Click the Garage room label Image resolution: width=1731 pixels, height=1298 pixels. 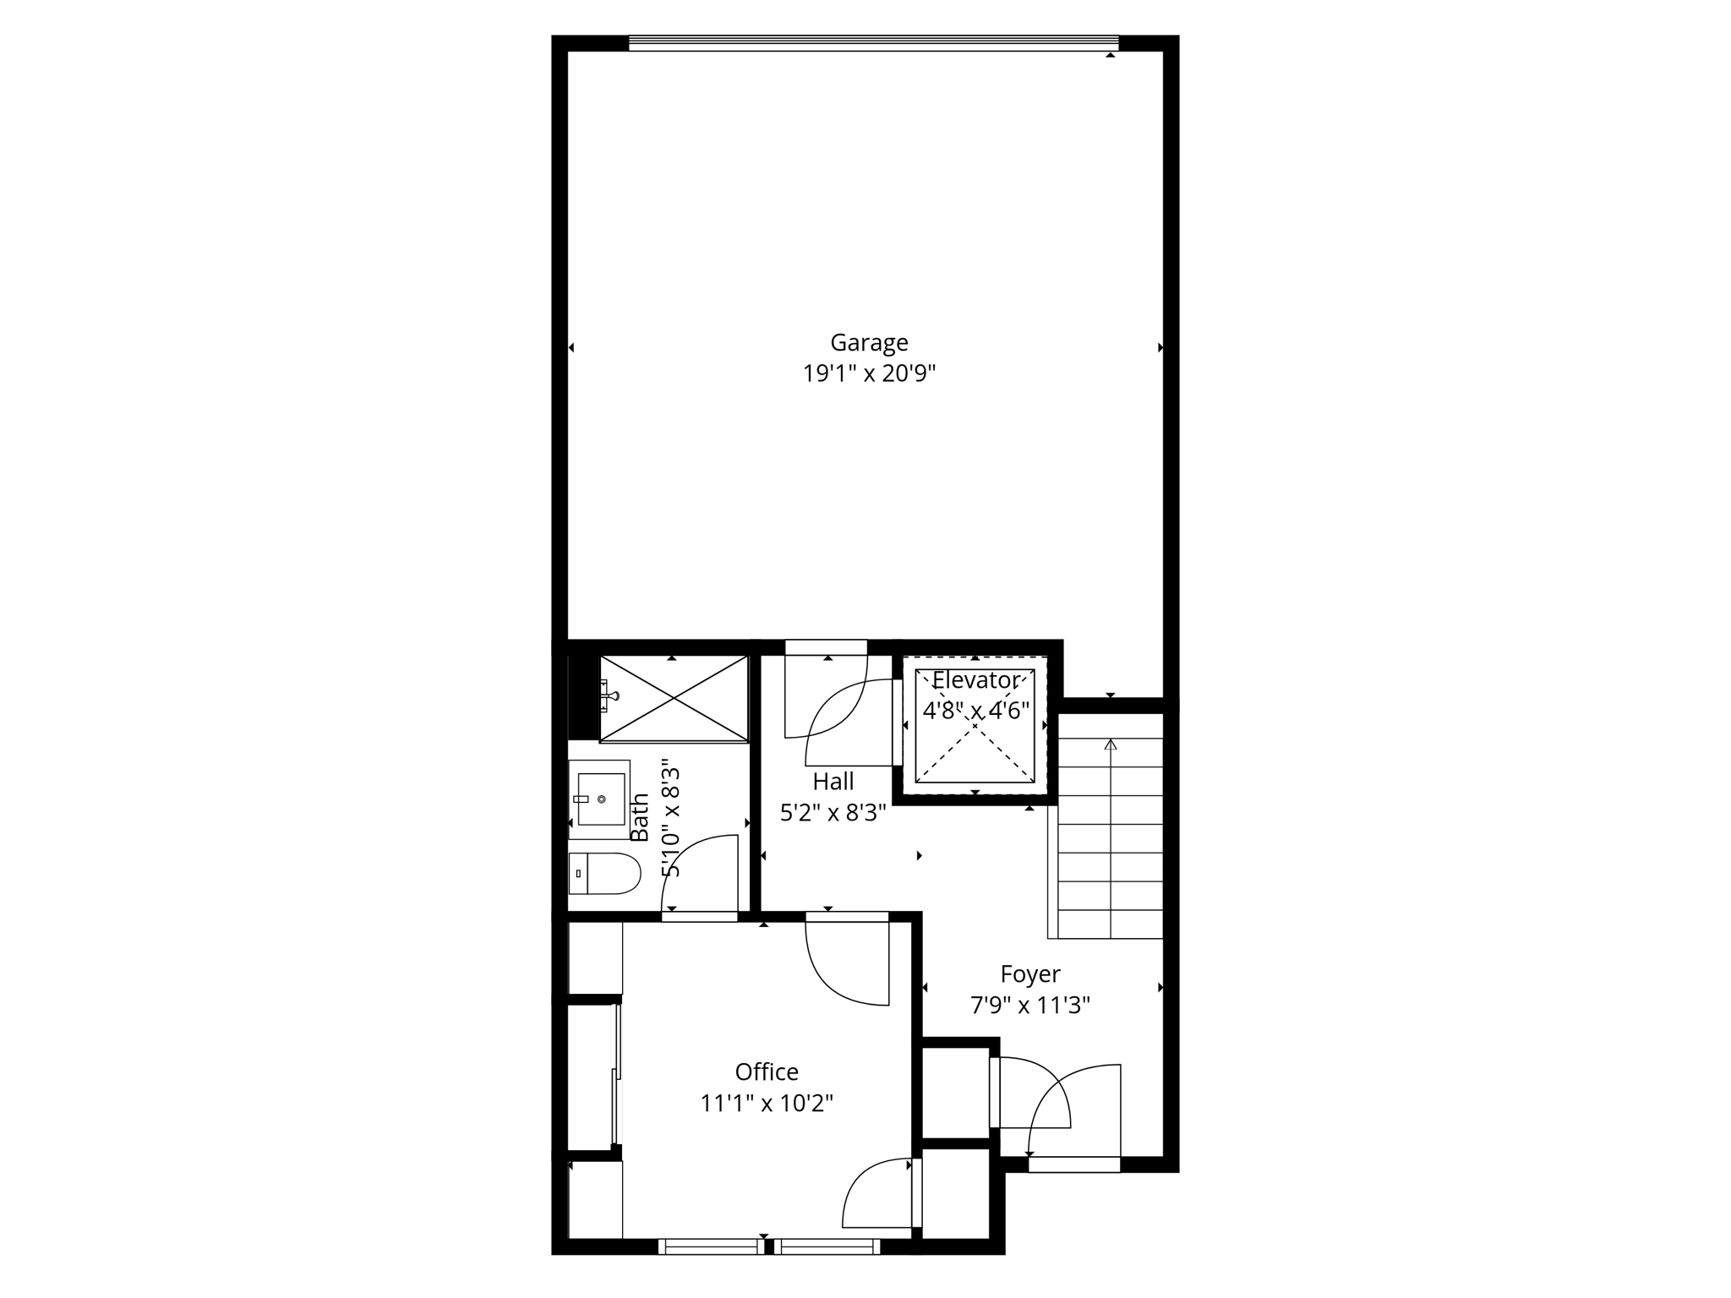(869, 342)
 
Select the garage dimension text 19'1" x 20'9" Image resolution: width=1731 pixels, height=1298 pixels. (869, 374)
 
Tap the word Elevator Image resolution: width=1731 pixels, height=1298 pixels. (975, 680)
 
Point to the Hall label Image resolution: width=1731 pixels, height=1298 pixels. (833, 781)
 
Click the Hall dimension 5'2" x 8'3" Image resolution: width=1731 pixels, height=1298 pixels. (833, 813)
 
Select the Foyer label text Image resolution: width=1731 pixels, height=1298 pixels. (1029, 974)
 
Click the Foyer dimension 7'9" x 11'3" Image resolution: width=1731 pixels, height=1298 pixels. (1029, 1006)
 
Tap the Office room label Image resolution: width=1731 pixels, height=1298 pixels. (767, 1072)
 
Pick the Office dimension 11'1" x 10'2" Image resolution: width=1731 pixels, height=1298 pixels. (767, 1104)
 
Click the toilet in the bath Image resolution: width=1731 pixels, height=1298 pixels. (603, 873)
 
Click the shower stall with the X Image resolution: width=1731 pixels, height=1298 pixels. (674, 699)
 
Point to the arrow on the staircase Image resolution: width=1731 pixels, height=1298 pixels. (1111, 744)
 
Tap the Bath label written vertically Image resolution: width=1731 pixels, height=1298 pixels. (640, 817)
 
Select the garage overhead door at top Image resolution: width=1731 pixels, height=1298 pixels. (873, 43)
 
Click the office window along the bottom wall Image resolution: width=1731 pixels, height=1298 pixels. (769, 1246)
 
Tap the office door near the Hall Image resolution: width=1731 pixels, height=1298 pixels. (845, 963)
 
